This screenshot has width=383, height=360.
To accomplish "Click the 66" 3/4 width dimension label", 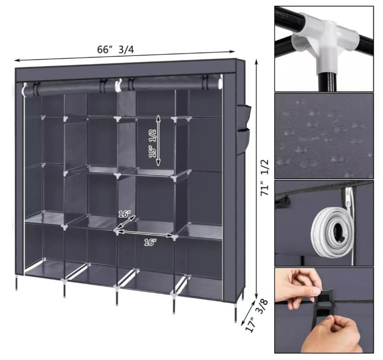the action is point(115,50).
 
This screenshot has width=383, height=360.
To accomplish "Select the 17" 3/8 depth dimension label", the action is point(257,315).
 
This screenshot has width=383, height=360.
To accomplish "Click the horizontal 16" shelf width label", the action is point(150,242).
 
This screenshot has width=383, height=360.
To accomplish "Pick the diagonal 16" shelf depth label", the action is point(124,214).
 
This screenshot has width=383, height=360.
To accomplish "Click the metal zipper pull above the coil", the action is point(349,197).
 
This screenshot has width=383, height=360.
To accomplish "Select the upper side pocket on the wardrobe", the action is point(244,117).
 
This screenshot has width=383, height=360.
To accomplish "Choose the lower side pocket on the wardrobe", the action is point(243,142).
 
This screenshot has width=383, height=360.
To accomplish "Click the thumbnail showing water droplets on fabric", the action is point(324,136).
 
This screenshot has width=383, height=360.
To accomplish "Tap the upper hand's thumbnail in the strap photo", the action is point(317,292).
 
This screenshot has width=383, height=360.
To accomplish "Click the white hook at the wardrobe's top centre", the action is point(118,85).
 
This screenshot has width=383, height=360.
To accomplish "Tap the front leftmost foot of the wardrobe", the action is point(17,284).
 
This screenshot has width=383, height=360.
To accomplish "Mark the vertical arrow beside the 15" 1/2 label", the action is point(158,141).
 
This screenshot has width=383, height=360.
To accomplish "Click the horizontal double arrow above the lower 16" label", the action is point(144,233).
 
